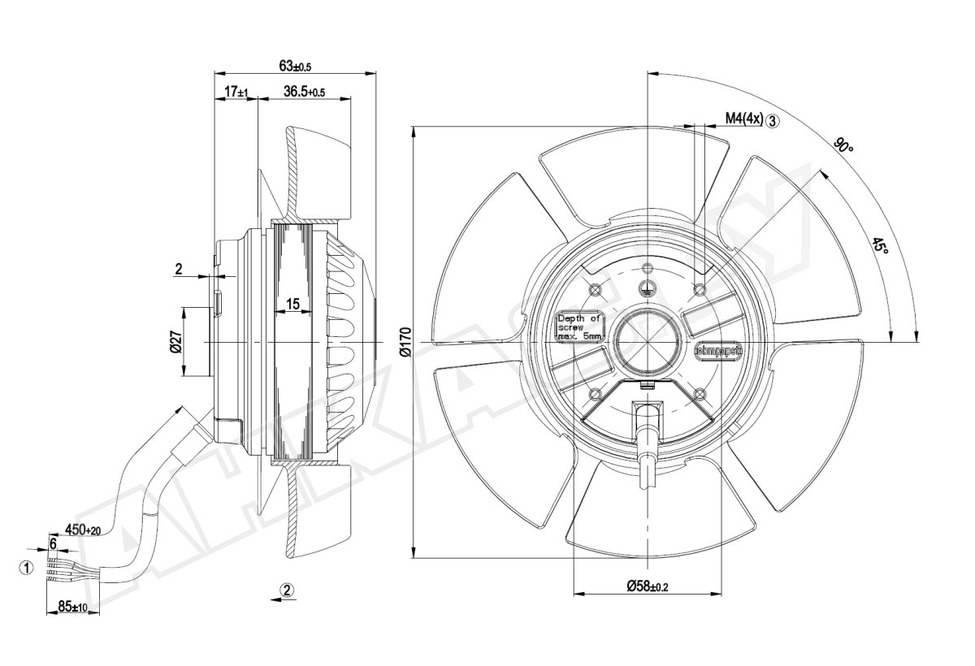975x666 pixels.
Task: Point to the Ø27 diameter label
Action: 175,342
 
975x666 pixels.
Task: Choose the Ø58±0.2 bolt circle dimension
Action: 647,586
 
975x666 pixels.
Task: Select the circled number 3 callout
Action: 773,120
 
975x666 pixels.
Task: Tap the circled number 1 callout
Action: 26,568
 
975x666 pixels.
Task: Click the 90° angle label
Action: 844,147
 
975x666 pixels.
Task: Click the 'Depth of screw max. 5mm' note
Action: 579,327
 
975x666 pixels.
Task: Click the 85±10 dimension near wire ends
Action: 74,607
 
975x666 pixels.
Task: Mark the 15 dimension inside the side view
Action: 292,304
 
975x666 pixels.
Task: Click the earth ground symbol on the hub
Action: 647,286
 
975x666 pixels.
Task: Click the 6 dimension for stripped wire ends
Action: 53,542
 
